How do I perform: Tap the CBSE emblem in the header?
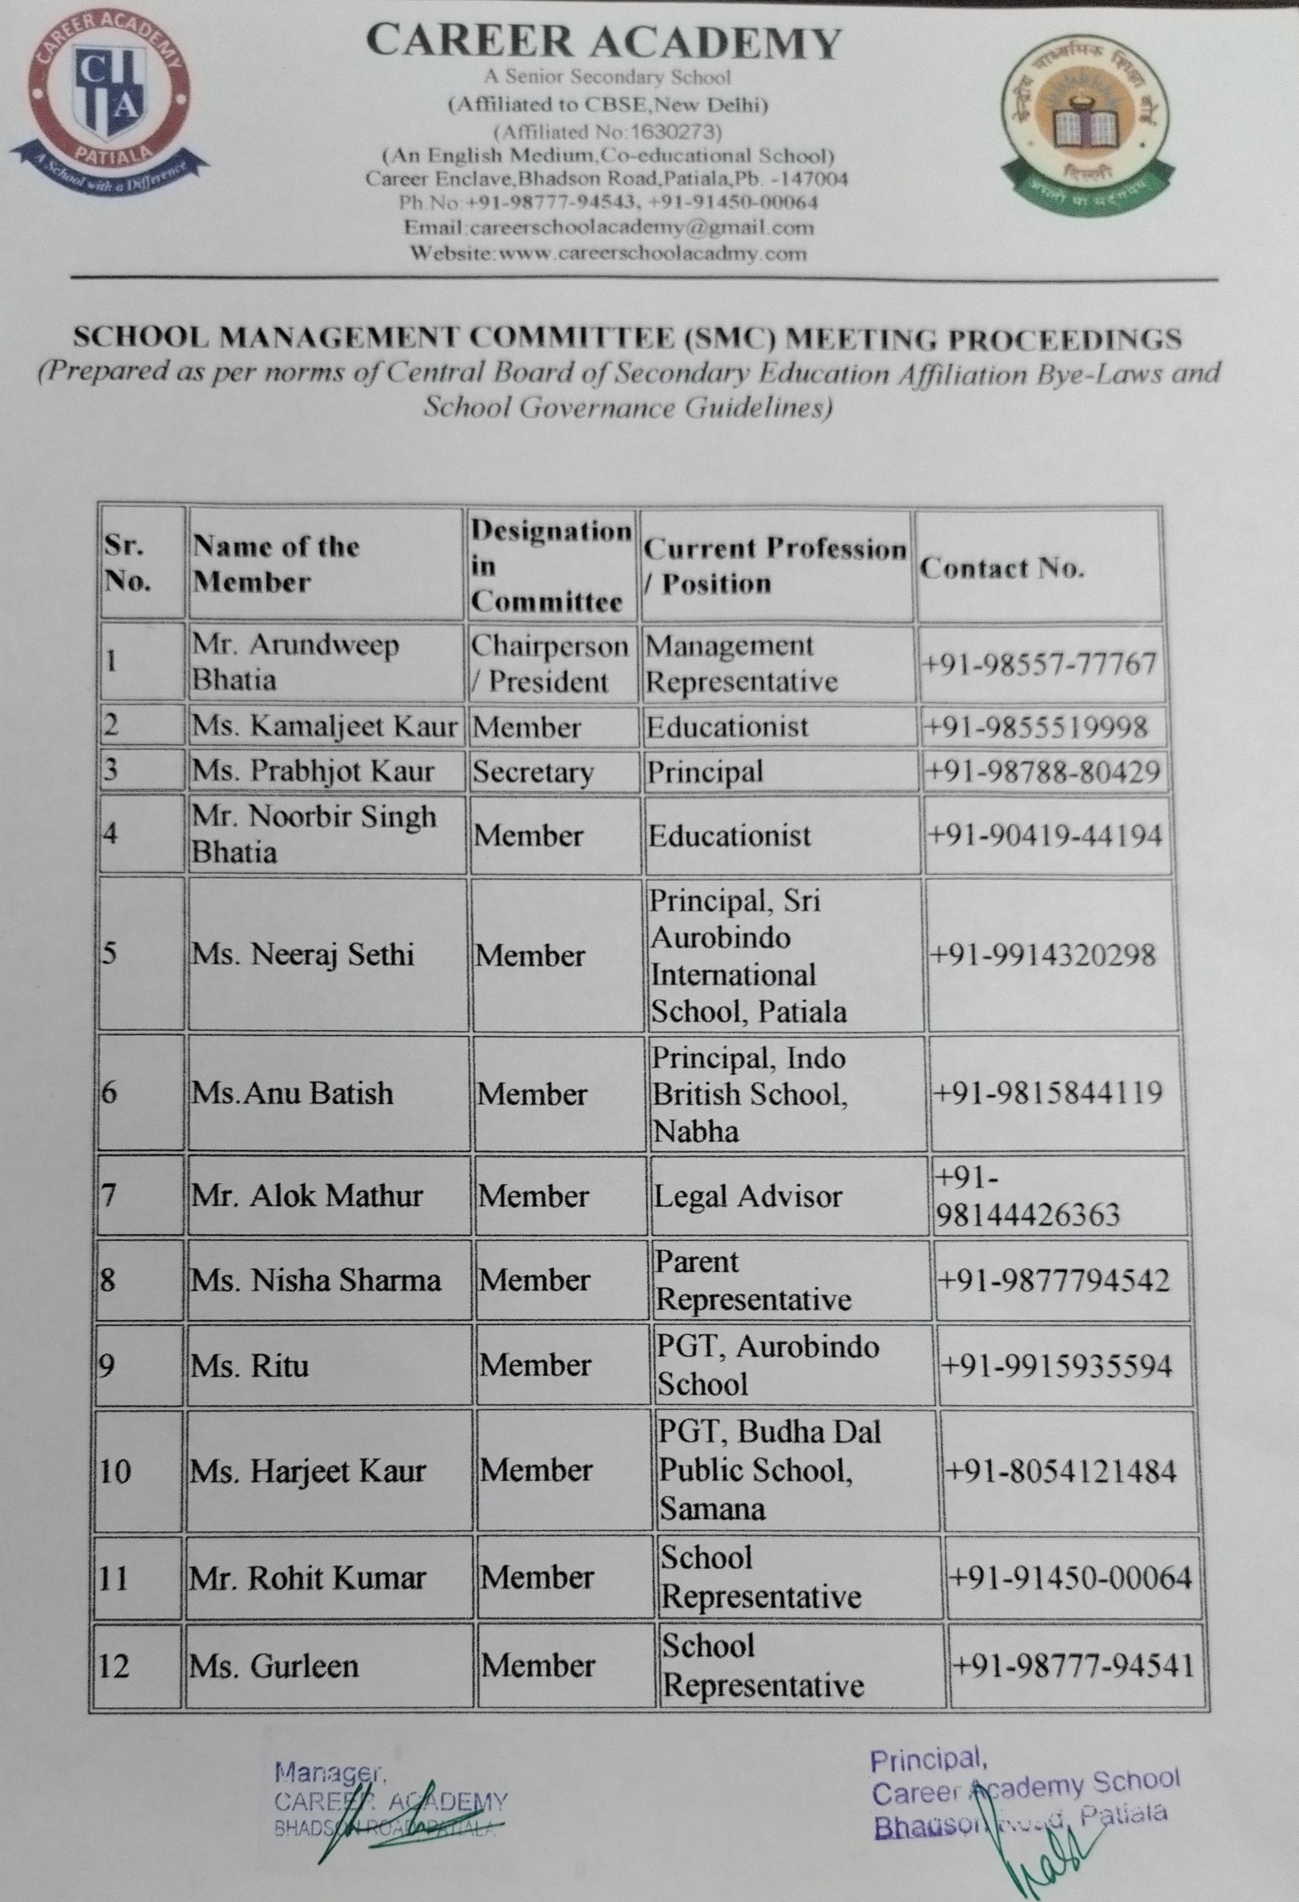tap(1085, 130)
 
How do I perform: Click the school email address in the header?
tap(609, 227)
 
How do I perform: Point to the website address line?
tap(609, 253)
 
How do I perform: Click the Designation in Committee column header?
tap(550, 566)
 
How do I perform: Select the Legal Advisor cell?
tap(748, 1196)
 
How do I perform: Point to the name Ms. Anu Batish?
tap(292, 1093)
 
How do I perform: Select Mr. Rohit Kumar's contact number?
tap(1070, 1577)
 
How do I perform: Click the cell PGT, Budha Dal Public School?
tap(769, 1470)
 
